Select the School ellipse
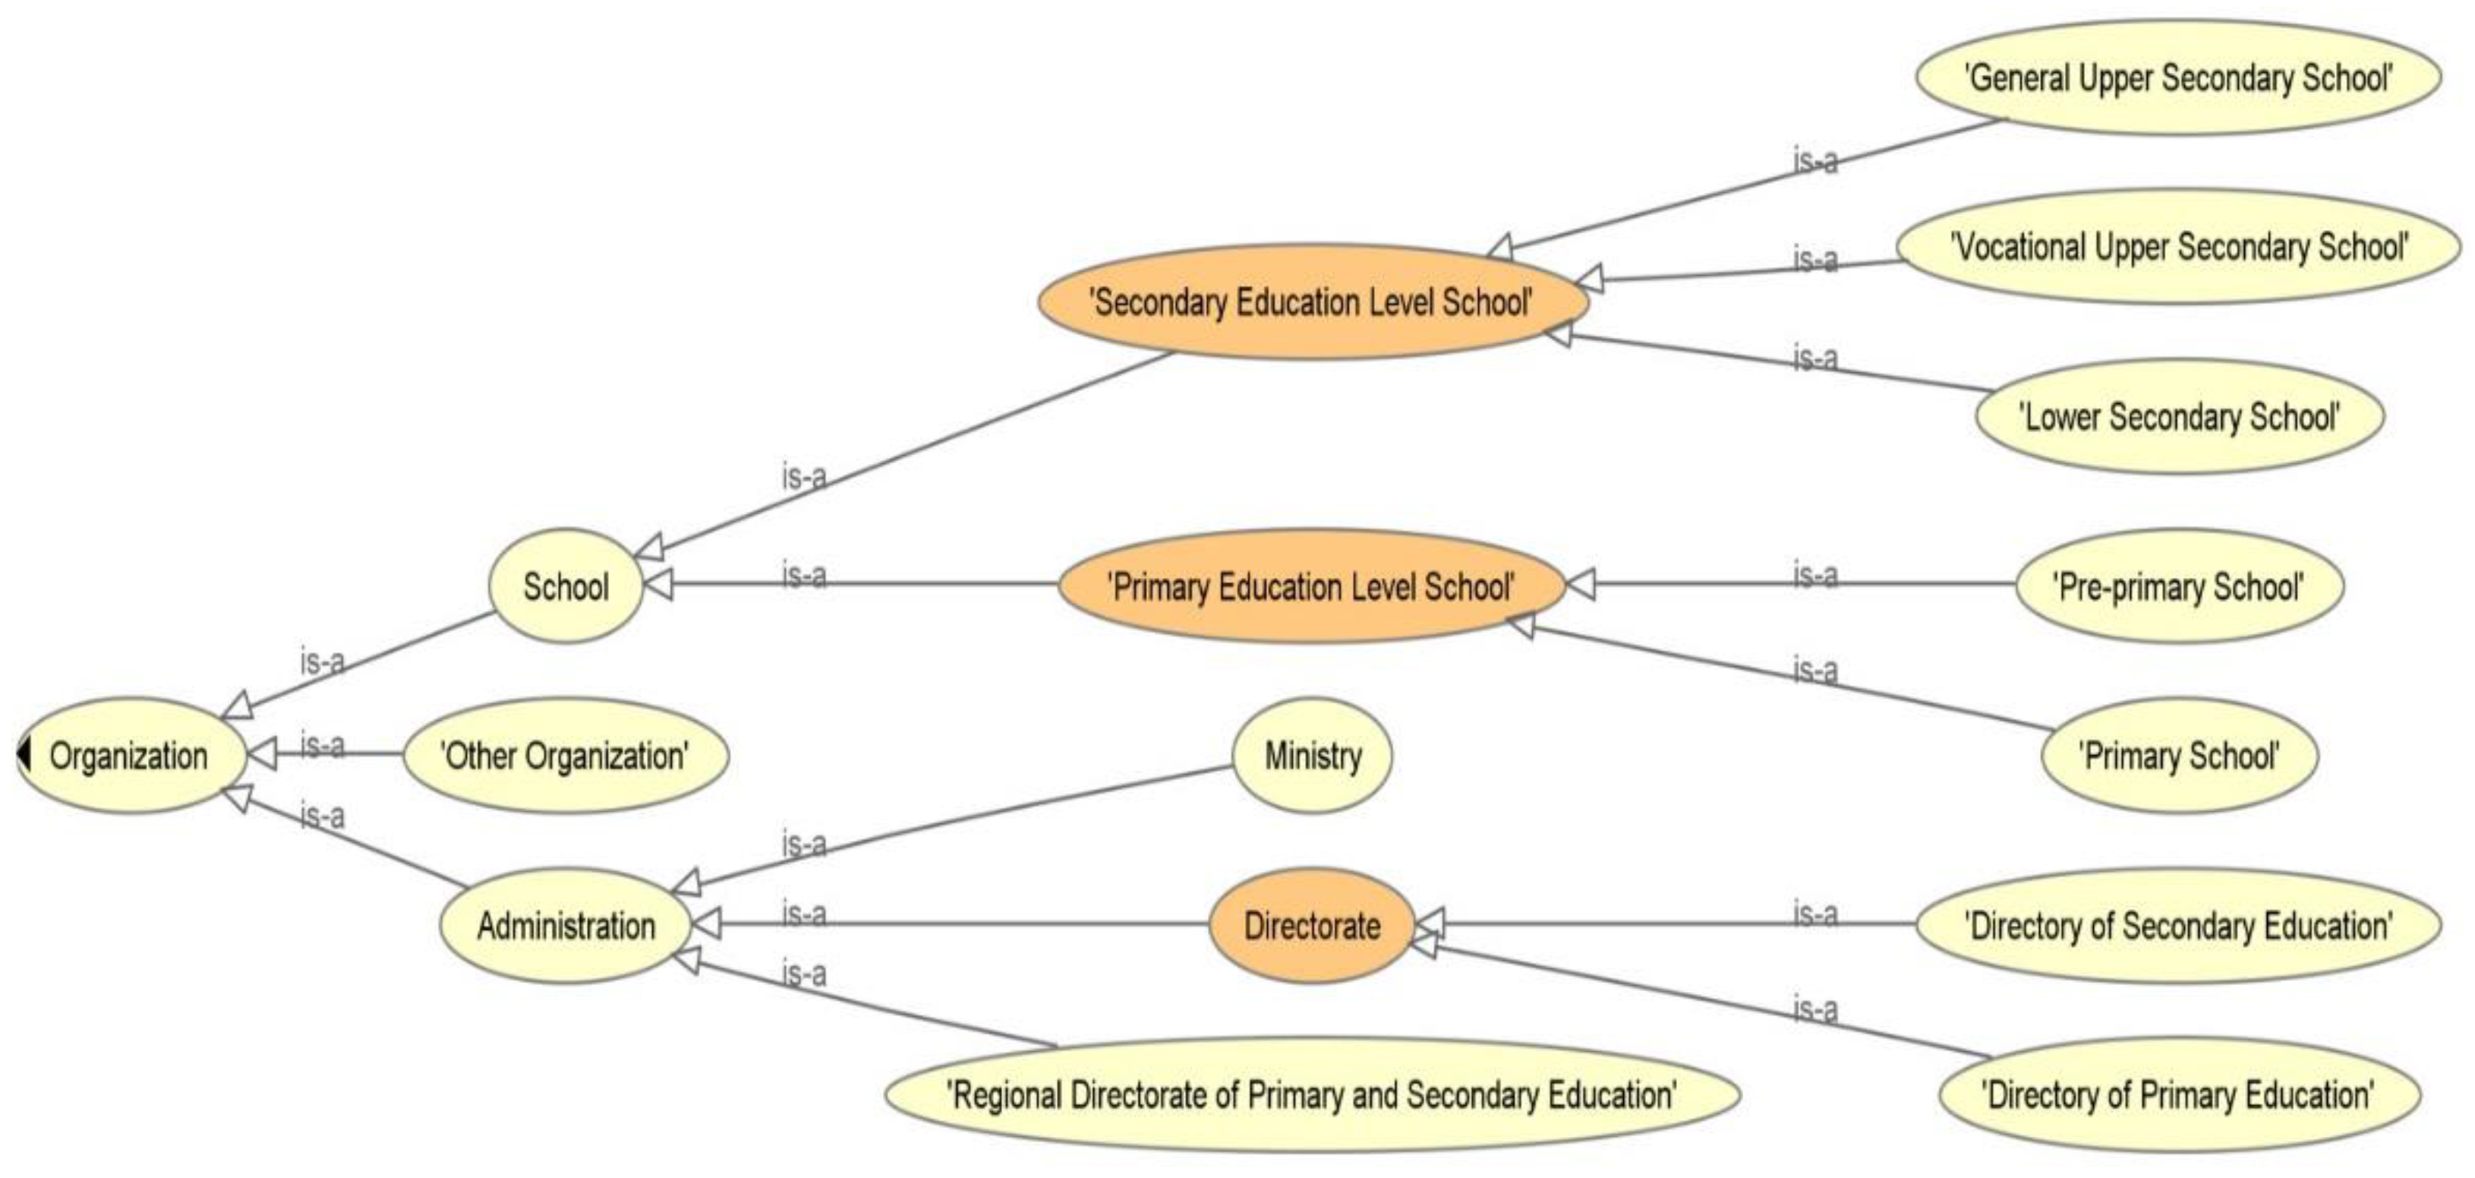[x=565, y=586]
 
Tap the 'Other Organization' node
[x=565, y=756]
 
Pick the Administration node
[x=565, y=927]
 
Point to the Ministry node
[x=1313, y=756]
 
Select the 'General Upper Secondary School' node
[x=2178, y=77]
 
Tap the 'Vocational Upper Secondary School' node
[x=2178, y=247]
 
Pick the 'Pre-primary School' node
[x=2179, y=586]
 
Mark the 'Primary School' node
[x=2179, y=756]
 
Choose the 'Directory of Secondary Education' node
[x=2178, y=927]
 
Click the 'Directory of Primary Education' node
[x=2179, y=1095]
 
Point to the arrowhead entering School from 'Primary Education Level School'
[x=658, y=584]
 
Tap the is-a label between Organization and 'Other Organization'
[x=323, y=744]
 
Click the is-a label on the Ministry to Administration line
[x=804, y=845]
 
